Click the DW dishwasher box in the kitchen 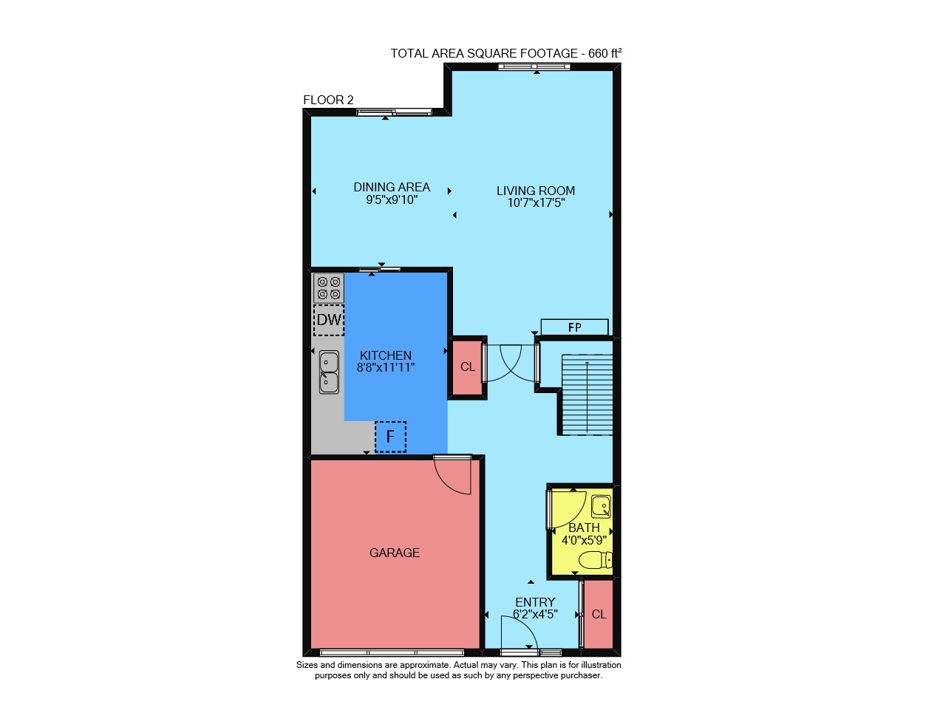tap(328, 320)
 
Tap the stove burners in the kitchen tap(328, 288)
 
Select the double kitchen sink tap(329, 372)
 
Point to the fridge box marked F tap(391, 437)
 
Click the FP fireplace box tap(574, 327)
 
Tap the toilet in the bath tap(596, 560)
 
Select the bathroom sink tap(602, 507)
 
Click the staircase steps tap(587, 395)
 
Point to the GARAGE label tap(395, 553)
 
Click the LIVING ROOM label tap(536, 191)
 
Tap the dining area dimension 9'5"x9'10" tap(392, 199)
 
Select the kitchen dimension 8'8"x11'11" tap(386, 367)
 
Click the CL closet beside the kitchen tap(467, 366)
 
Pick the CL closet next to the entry tap(599, 615)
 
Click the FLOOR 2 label tap(328, 100)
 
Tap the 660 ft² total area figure tap(604, 53)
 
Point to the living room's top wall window tap(534, 66)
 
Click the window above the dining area tap(395, 112)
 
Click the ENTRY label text tap(535, 602)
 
